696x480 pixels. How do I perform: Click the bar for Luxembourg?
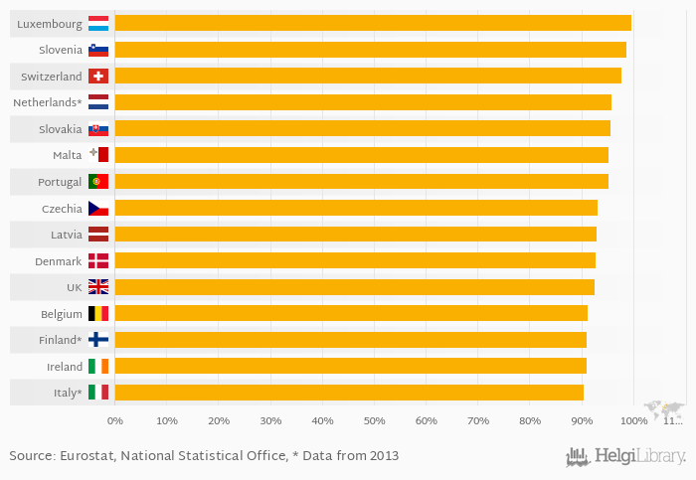(373, 23)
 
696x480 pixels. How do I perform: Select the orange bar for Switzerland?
(368, 76)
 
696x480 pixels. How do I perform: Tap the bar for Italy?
(349, 392)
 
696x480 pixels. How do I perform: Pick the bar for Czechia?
(356, 208)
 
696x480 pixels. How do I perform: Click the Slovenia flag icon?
(98, 50)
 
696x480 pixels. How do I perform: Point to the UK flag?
(98, 286)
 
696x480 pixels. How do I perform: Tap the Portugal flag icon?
(98, 181)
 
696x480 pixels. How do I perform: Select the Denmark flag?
(98, 260)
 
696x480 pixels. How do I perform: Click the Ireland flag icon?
(98, 366)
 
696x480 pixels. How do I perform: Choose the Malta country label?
(67, 155)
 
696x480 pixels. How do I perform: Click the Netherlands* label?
(47, 102)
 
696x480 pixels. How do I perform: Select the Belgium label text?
(61, 313)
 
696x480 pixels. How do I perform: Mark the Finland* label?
(61, 339)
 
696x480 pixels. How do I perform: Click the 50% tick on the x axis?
(374, 421)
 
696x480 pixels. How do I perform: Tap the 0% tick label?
(114, 421)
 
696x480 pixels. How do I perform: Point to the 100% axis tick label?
(633, 421)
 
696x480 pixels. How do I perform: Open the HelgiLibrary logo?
(626, 456)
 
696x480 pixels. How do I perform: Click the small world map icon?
(664, 408)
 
